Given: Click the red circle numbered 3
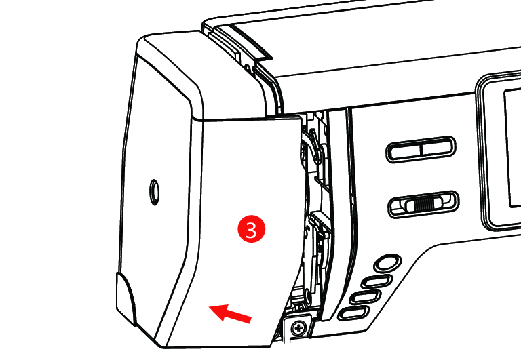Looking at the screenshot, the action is tap(252, 229).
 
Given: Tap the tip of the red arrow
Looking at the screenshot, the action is tap(209, 308).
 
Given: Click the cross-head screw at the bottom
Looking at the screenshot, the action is tap(299, 328).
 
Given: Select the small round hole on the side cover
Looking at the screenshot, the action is tap(154, 192).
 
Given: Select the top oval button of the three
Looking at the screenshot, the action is tap(377, 281).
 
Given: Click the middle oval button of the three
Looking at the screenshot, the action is tap(365, 296).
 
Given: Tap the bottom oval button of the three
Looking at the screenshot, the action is tap(353, 313).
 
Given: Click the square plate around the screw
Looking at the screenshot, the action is tap(298, 328).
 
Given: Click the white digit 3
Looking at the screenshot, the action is tap(252, 229).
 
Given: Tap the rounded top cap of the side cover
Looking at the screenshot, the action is tap(199, 73).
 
